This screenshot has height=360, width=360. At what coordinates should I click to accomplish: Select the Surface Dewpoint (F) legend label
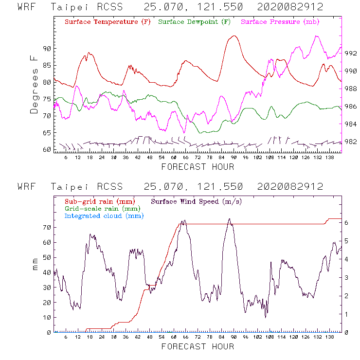point(194,22)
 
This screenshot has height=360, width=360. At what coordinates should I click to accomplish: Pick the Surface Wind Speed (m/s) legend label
point(196,201)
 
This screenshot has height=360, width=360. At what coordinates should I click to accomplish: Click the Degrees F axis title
point(34,84)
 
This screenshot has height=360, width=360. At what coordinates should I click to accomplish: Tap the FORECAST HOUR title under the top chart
point(198,167)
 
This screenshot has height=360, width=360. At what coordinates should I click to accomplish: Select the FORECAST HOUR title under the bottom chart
point(198,346)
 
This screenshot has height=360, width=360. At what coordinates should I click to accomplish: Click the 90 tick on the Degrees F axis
point(47,49)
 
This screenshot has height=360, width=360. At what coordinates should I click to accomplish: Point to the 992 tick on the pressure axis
point(351,54)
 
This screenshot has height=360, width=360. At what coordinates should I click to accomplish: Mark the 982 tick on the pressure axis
point(351,142)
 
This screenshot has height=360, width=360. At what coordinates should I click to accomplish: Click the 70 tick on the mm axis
point(47,227)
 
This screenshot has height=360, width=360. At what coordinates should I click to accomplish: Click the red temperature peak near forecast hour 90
point(234,36)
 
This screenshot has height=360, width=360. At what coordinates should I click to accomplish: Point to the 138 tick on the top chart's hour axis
point(330,158)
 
